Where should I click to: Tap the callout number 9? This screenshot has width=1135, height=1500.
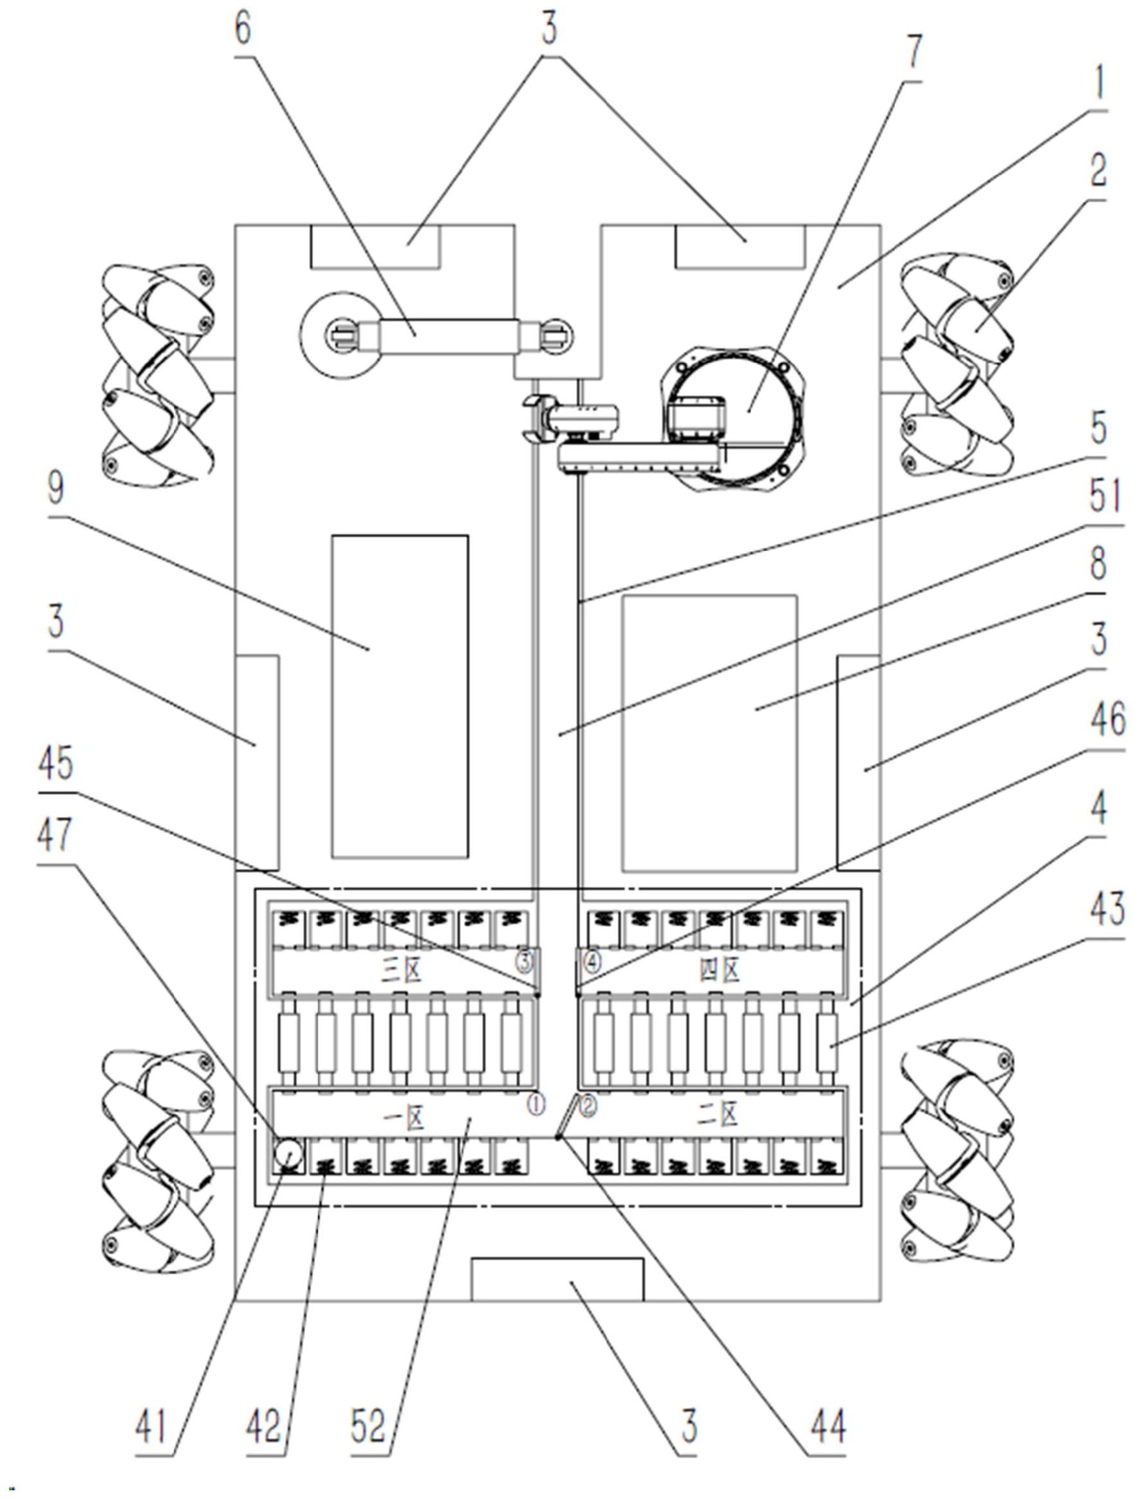[55, 489]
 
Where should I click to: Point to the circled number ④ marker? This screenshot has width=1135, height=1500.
[592, 961]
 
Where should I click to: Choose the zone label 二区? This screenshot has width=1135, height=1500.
[720, 1116]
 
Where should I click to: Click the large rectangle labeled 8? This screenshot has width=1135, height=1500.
[709, 733]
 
